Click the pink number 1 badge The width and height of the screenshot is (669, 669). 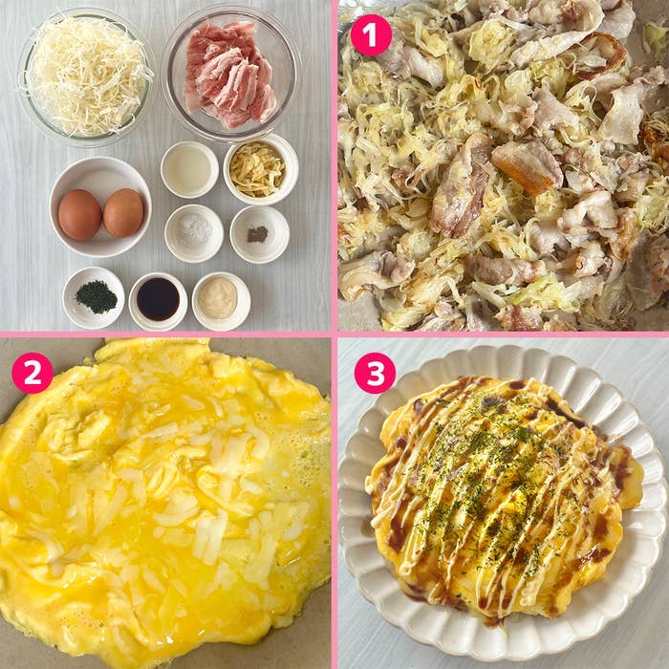pos(371,35)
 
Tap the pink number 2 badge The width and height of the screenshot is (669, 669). pos(32,373)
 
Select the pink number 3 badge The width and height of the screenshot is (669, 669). pos(375,373)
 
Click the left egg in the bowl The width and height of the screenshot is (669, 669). pos(79,214)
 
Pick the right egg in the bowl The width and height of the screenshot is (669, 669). pos(123,212)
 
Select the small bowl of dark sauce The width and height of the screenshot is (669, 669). pos(158,299)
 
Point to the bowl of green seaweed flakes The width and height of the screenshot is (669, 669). pos(95,297)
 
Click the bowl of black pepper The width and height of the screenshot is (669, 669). pos(258,233)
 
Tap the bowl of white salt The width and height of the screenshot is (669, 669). pos(193,232)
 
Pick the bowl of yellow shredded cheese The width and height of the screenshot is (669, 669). pos(258,169)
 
